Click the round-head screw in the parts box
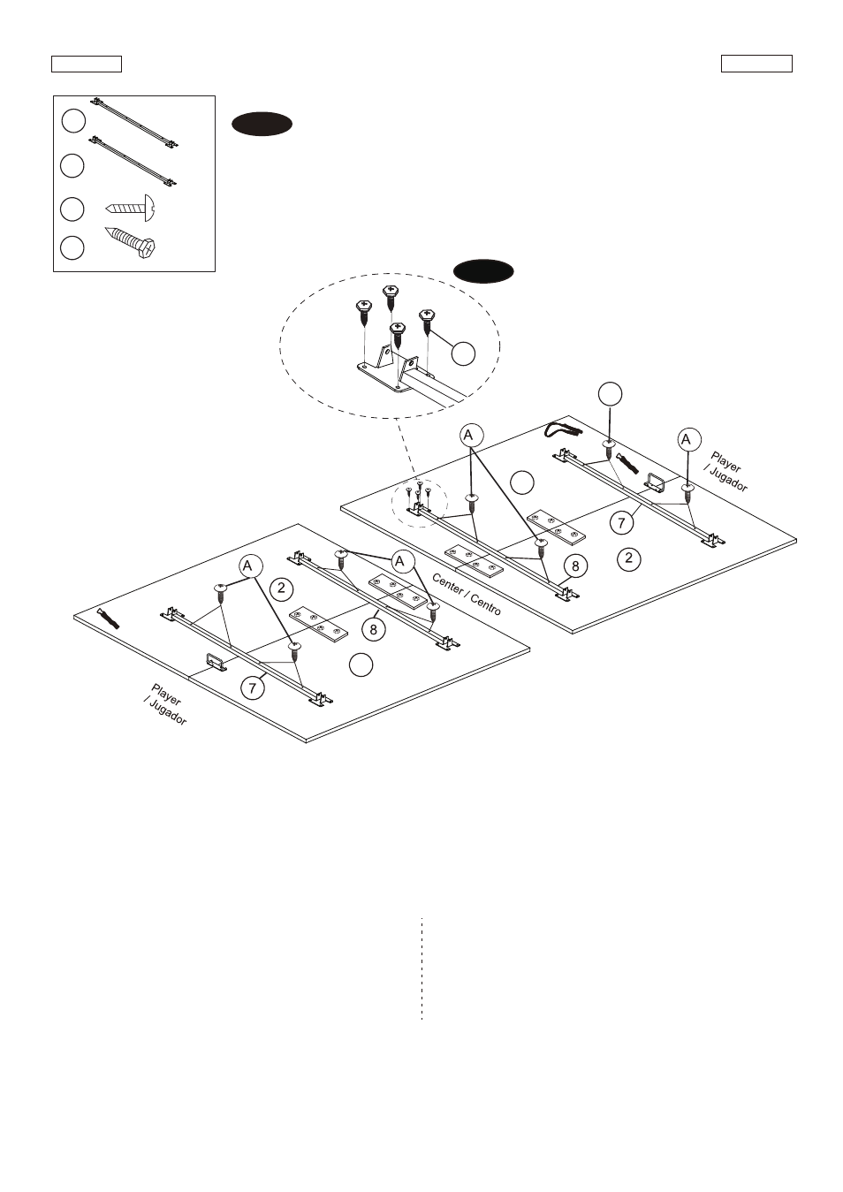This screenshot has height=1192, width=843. (131, 208)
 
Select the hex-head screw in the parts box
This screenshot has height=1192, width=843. (131, 243)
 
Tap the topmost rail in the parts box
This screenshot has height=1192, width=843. (134, 121)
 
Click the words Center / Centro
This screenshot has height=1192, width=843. (467, 594)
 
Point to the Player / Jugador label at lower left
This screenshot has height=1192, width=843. (165, 704)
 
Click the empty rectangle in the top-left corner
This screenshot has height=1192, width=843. (87, 64)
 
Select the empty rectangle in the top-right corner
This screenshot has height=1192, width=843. (756, 64)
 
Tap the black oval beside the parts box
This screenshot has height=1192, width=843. (262, 124)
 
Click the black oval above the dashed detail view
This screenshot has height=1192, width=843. (483, 271)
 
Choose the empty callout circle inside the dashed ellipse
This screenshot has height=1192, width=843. (463, 353)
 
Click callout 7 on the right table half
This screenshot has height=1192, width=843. (621, 523)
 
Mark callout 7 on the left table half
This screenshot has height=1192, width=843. (252, 688)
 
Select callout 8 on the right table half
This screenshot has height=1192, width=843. (575, 566)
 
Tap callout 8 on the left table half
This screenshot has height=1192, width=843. (373, 629)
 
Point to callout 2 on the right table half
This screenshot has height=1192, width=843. (629, 558)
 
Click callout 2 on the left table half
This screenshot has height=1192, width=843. (281, 588)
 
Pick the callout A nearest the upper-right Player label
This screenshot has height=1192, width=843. (689, 439)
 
